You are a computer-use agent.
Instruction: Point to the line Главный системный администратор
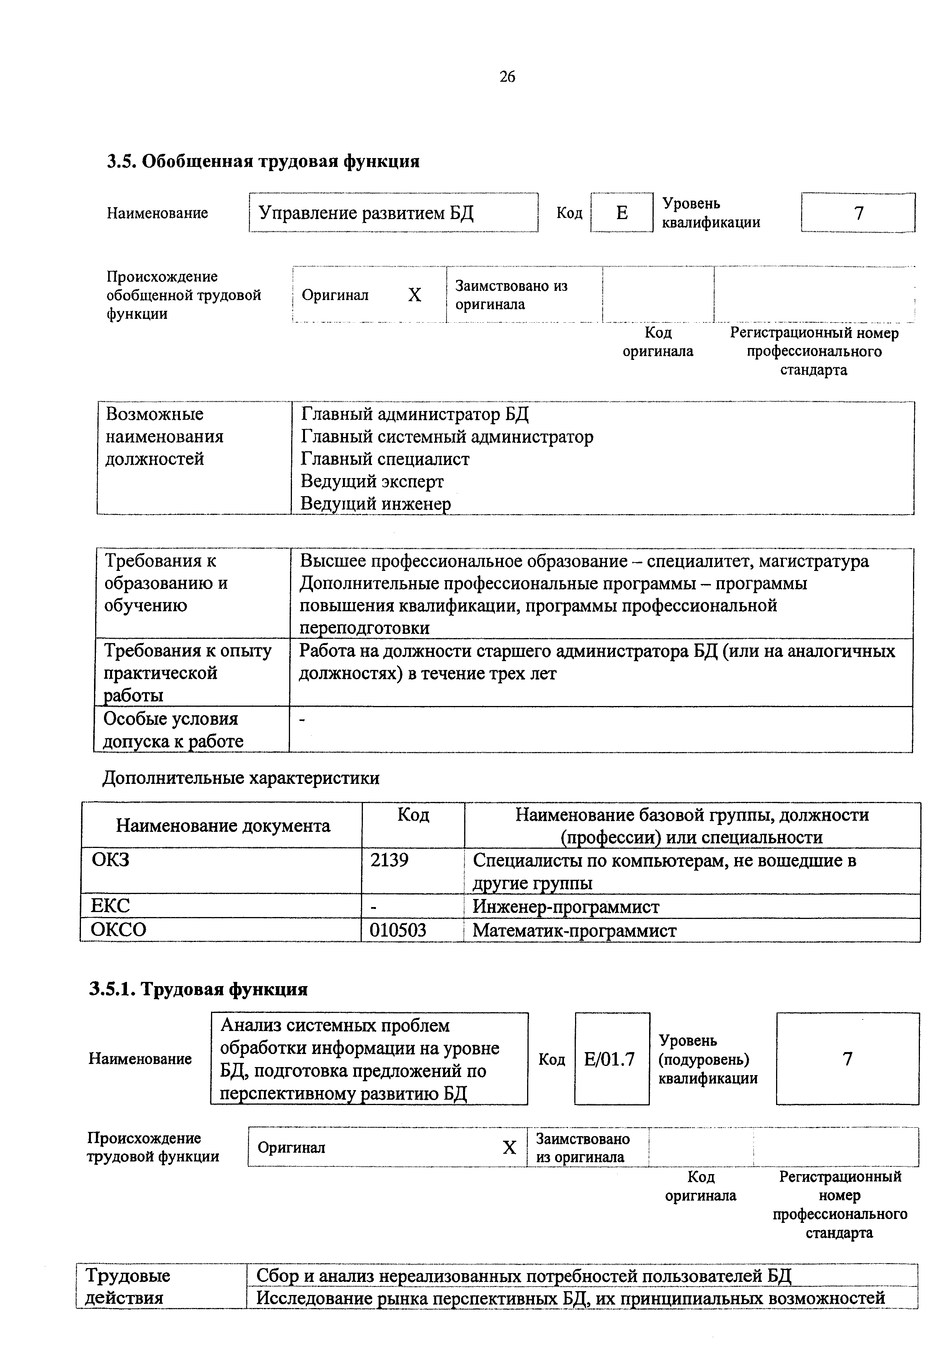coord(447,437)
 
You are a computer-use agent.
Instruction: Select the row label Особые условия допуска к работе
coord(173,730)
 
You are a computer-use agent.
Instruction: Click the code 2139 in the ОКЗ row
coord(390,860)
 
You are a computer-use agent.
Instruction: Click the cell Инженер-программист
coord(565,907)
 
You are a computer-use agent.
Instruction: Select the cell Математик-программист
coord(574,930)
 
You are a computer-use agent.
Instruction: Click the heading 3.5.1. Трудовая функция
coord(198,990)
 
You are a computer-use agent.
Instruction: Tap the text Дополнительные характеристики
coord(241,778)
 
